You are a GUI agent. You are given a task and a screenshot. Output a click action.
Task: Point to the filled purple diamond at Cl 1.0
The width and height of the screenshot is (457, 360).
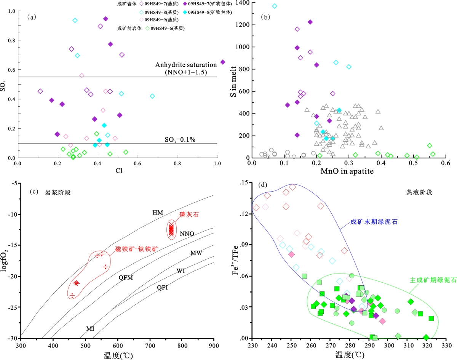(223, 62)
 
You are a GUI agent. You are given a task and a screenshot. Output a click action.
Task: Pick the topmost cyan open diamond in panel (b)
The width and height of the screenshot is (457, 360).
(275, 6)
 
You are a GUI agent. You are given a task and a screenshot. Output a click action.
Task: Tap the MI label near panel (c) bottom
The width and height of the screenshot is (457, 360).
(90, 328)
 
